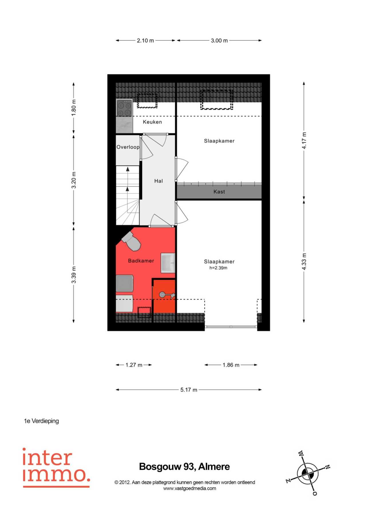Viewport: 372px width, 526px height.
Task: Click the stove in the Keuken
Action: (x=124, y=108)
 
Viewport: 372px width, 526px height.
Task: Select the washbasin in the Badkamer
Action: (x=168, y=263)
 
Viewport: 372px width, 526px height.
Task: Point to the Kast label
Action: (x=219, y=192)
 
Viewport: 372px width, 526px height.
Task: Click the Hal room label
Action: (x=159, y=181)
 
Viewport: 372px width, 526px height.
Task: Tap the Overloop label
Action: (x=128, y=147)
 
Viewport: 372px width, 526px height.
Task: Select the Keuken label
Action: (x=153, y=122)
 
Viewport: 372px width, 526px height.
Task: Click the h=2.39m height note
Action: (x=218, y=268)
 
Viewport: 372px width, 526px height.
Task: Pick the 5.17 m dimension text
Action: (x=189, y=390)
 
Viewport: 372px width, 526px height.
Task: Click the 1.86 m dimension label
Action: (x=231, y=365)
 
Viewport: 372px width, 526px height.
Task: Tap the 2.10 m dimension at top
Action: (x=145, y=41)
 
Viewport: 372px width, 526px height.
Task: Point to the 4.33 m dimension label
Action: (x=304, y=262)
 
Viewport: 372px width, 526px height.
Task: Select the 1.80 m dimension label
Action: (x=74, y=108)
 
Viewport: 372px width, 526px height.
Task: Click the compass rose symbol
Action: (x=308, y=473)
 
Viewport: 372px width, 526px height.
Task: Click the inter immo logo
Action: (x=56, y=468)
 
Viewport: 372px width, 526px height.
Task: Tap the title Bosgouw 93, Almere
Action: (x=185, y=467)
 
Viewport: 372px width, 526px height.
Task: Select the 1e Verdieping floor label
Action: (x=41, y=421)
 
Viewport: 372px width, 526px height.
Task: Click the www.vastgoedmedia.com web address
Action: (x=190, y=489)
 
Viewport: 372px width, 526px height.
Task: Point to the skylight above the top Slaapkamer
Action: (x=217, y=100)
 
